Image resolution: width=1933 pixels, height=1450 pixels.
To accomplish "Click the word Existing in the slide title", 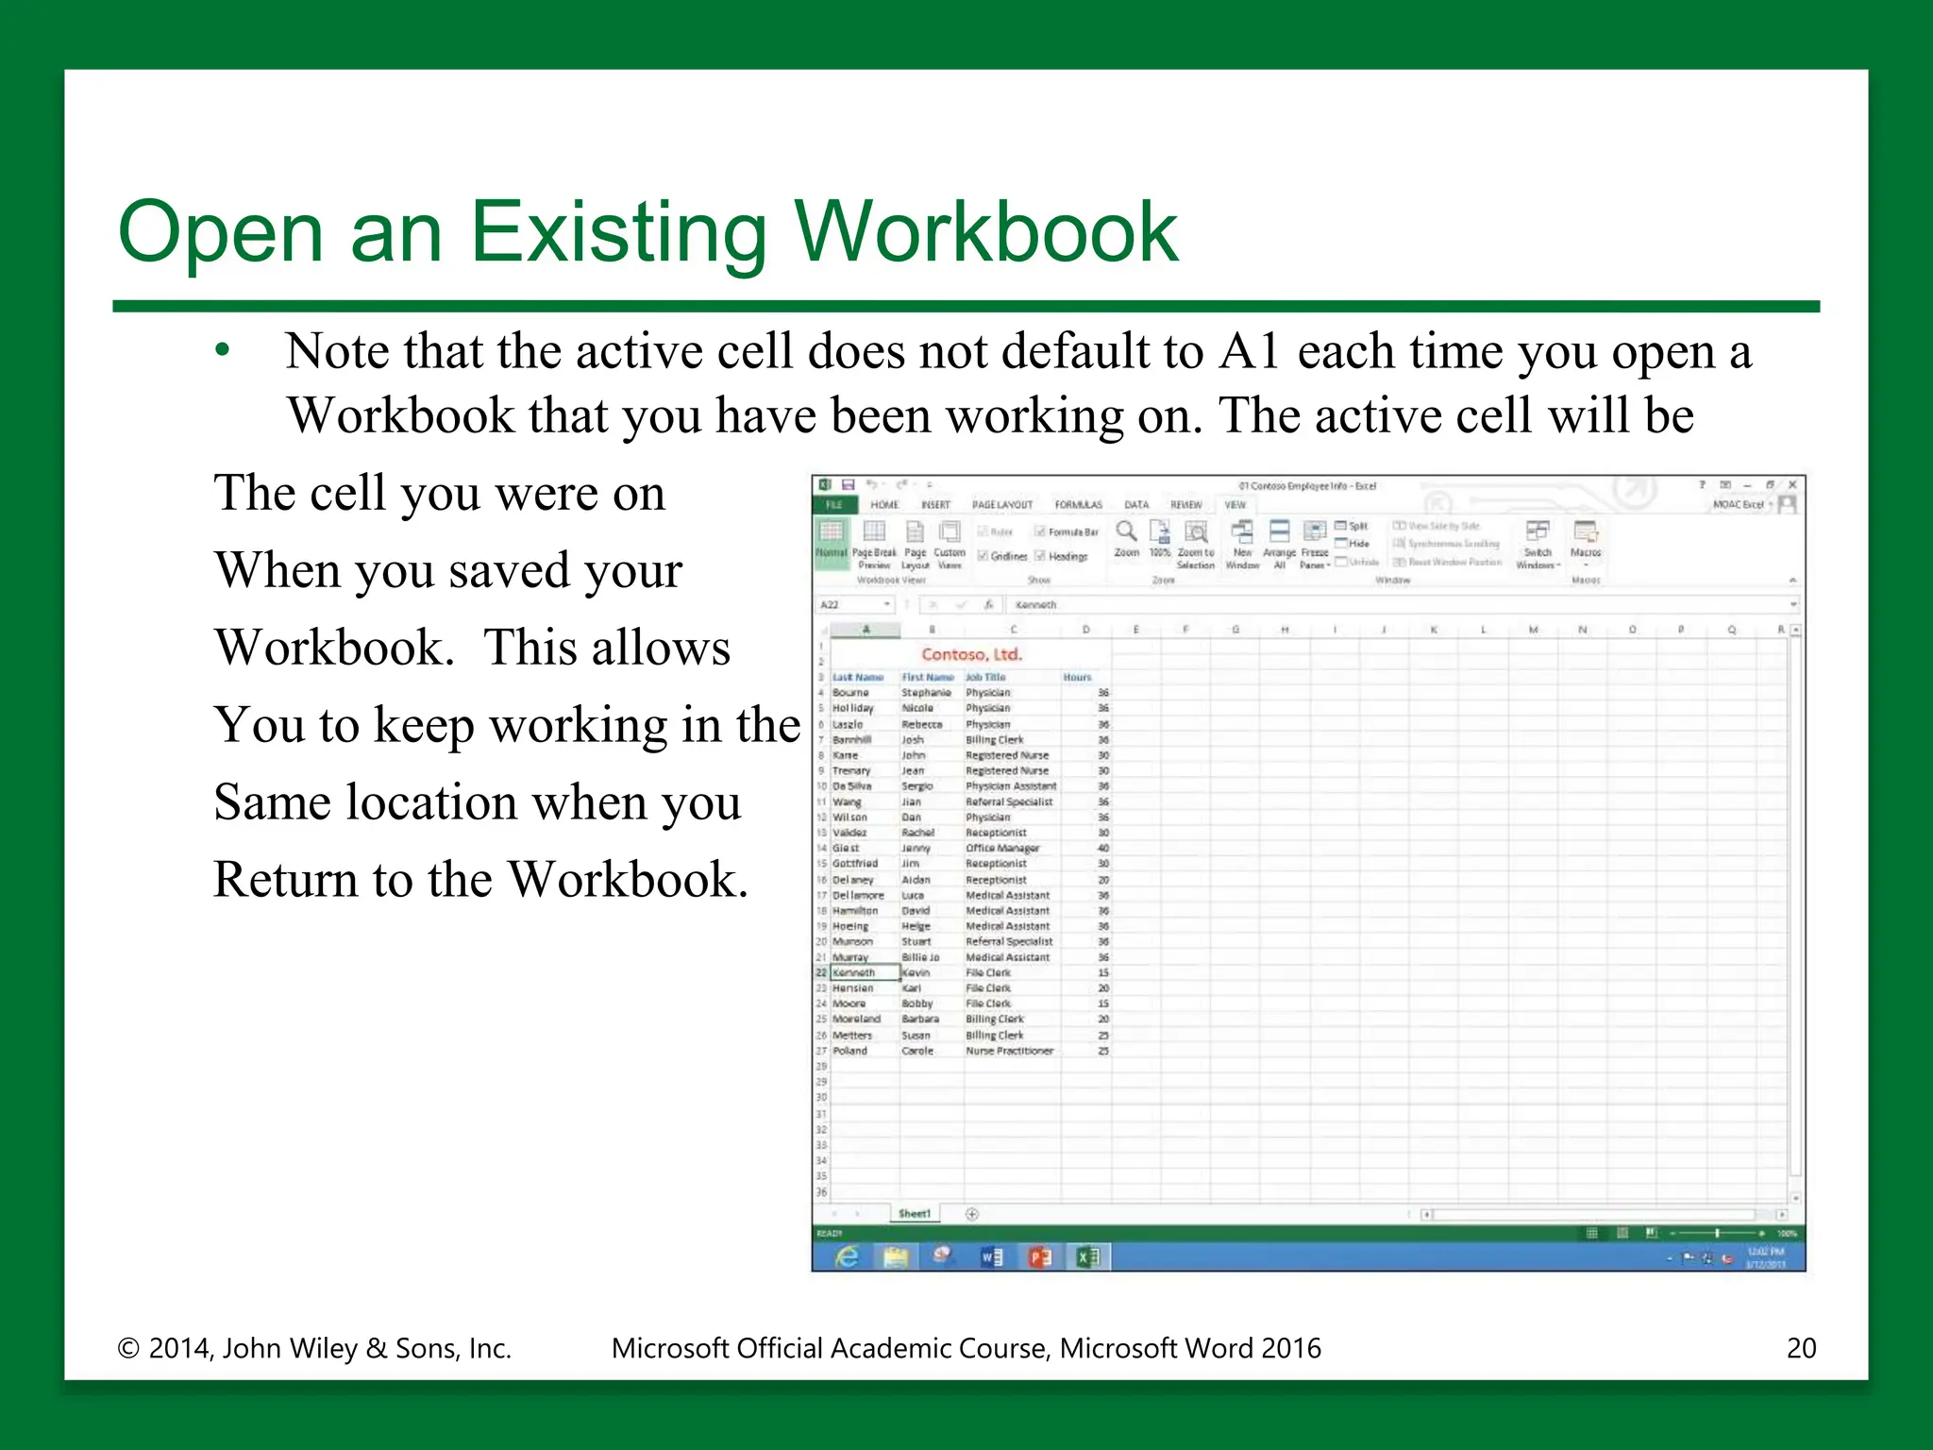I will pos(618,232).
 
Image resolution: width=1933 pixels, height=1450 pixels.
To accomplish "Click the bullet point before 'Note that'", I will pos(223,351).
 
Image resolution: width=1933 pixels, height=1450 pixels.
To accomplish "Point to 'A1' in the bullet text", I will pos(1249,351).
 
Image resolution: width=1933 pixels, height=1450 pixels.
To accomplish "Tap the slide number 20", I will pos(1801,1348).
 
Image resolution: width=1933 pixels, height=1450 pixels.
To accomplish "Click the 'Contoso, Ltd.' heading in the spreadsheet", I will pos(971,654).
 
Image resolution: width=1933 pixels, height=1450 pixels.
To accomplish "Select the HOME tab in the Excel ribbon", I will pos(884,505).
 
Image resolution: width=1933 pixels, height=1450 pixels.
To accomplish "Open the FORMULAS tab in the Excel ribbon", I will pos(1078,505).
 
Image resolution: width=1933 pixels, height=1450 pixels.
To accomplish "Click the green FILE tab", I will pos(833,505).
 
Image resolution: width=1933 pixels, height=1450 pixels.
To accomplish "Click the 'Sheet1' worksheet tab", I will pos(914,1214).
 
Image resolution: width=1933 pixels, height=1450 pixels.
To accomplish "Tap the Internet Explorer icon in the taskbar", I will pos(848,1256).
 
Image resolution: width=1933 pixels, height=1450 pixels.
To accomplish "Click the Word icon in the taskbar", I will pos(991,1256).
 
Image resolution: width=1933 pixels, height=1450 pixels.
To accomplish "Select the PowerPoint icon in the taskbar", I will pos(1039,1256).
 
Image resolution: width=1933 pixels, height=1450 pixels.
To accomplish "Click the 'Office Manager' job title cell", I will pos(1002,849).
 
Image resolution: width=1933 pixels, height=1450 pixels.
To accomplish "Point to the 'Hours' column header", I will pos(1077,677).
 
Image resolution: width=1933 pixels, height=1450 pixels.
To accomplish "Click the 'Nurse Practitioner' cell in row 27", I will pos(1009,1051).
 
